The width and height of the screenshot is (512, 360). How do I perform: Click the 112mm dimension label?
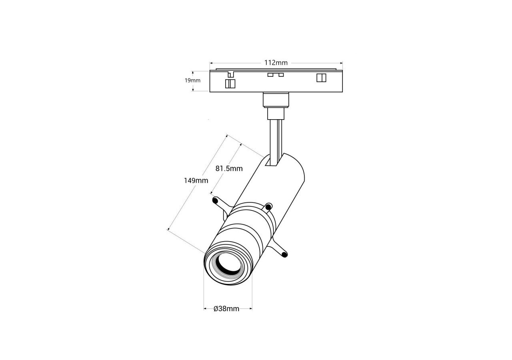(276, 63)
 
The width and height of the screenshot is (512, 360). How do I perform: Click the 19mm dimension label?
(192, 80)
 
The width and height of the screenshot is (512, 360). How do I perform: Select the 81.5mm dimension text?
(229, 168)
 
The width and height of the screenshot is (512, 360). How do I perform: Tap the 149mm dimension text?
(196, 180)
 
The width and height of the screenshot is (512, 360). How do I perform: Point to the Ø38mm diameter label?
(226, 309)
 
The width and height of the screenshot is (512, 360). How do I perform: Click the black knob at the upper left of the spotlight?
(215, 200)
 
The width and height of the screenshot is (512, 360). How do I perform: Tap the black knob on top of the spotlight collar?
(269, 207)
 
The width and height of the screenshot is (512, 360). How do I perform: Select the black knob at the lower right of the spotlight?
(284, 254)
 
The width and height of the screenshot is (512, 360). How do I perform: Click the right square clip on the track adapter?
(321, 78)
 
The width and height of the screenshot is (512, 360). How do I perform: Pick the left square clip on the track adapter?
(230, 84)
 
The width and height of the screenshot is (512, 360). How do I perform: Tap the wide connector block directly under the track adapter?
(276, 100)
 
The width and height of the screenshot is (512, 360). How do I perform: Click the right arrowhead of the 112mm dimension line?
(342, 63)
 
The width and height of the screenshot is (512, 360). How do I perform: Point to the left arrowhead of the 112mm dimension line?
(211, 63)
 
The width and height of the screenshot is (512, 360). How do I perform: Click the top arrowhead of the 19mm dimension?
(193, 72)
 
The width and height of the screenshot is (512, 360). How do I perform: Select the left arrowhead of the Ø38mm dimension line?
(205, 309)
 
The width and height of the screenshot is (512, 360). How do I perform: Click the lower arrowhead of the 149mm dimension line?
(169, 229)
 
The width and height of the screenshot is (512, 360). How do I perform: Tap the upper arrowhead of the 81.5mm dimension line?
(241, 145)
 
